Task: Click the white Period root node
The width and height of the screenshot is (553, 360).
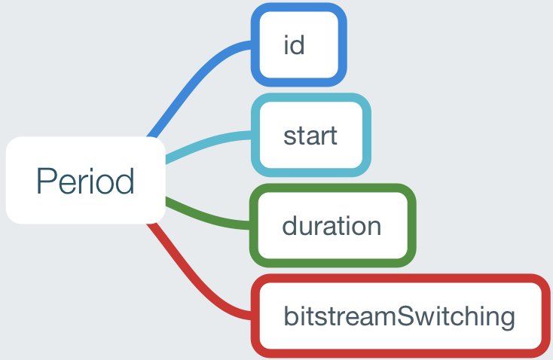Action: click(86, 180)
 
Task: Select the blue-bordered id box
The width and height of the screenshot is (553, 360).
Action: click(298, 44)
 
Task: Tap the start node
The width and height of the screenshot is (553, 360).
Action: click(310, 135)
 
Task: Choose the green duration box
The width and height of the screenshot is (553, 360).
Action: click(332, 225)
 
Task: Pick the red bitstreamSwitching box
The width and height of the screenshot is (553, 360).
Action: click(400, 316)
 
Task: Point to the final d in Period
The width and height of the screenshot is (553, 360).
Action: click(125, 181)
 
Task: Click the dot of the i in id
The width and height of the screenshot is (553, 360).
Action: click(287, 37)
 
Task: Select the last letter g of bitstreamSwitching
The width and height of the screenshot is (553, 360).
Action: click(506, 320)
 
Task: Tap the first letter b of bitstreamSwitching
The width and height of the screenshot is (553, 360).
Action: click(292, 316)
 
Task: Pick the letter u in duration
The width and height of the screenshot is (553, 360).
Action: click(310, 228)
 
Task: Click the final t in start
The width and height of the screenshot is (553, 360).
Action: click(332, 136)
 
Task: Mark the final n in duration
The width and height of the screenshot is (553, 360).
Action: click(374, 227)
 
